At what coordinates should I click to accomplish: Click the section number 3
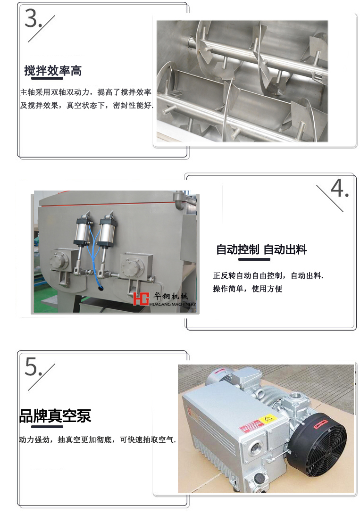pyautogui.click(x=33, y=18)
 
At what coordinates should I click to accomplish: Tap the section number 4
pyautogui.click(x=339, y=189)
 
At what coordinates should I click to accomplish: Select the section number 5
pyautogui.click(x=33, y=366)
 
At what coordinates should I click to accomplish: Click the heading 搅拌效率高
pyautogui.click(x=53, y=70)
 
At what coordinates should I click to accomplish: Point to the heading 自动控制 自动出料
pyautogui.click(x=261, y=249)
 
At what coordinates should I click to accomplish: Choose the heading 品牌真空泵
pyautogui.click(x=55, y=416)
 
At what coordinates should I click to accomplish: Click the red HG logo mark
pyautogui.click(x=141, y=298)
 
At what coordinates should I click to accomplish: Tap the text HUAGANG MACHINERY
pyautogui.click(x=173, y=304)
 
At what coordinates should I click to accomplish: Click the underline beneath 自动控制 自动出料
pyautogui.click(x=254, y=259)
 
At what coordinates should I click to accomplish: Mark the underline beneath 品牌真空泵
pyautogui.click(x=47, y=426)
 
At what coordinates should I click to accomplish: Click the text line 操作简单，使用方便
pyautogui.click(x=248, y=289)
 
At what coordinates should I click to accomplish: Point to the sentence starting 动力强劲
pyautogui.click(x=97, y=440)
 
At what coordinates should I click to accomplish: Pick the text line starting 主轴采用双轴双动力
pyautogui.click(x=85, y=92)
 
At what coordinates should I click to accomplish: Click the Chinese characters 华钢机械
pyautogui.click(x=171, y=296)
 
